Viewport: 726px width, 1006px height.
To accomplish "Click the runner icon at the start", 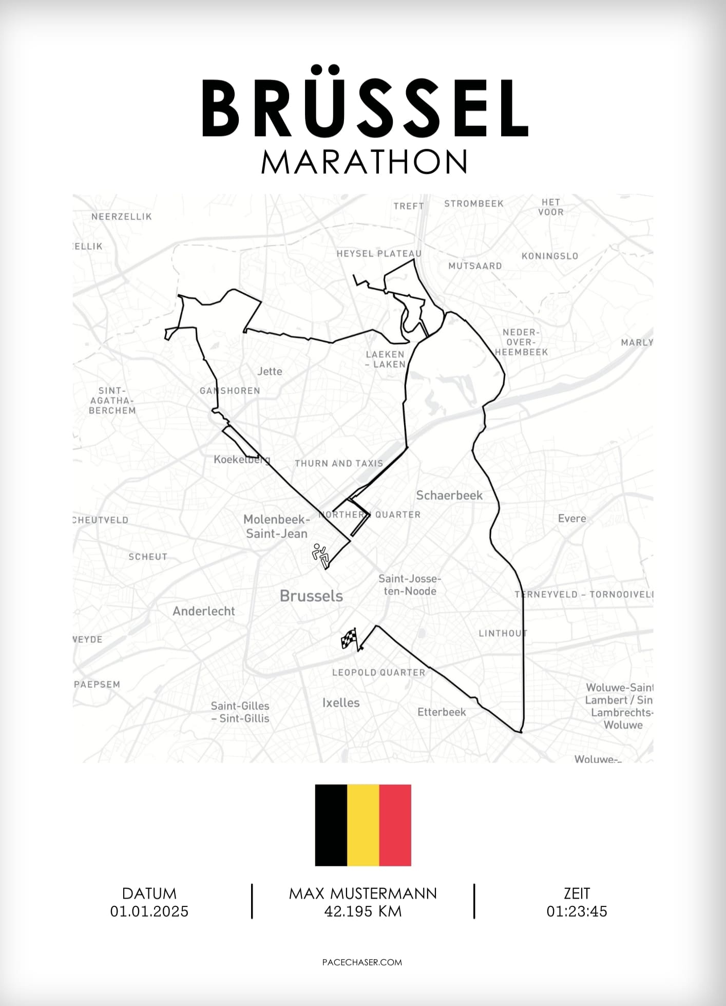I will tap(320, 556).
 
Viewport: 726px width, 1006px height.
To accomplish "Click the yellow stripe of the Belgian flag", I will tap(363, 825).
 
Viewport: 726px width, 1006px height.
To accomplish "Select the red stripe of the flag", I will tap(395, 825).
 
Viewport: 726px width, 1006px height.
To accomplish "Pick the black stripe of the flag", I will tap(331, 825).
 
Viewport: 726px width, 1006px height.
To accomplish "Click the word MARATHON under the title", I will tap(364, 162).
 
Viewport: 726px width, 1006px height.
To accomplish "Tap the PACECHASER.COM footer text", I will tap(362, 962).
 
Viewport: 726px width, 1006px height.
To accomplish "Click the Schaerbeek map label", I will tap(449, 496).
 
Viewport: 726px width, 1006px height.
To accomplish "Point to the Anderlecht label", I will tap(204, 611).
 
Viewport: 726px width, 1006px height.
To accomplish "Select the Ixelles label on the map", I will tap(341, 703).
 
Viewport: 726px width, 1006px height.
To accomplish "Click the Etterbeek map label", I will tap(442, 712).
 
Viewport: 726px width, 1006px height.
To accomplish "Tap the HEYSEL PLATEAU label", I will tap(379, 254).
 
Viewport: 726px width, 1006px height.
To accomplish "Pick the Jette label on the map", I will tap(270, 371).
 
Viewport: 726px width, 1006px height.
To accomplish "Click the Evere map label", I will tap(572, 518).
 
